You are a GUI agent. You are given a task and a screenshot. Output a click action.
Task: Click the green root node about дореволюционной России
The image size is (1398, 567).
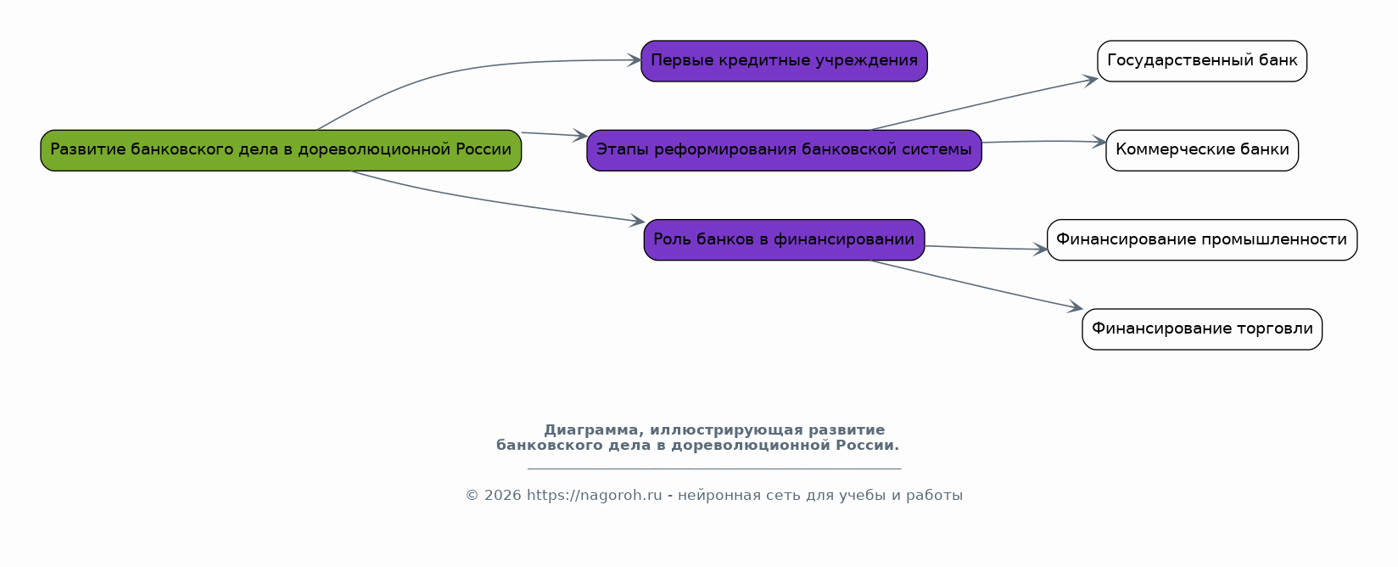coord(281,150)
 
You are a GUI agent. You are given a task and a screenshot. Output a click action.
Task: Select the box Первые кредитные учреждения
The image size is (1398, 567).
coord(784,61)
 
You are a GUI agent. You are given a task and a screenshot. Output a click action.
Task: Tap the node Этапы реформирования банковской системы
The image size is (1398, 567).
coord(784,150)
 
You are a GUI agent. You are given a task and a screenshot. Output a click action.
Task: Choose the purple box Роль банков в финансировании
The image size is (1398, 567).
coord(784,240)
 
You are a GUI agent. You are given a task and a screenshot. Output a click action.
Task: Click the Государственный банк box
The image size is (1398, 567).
coord(1202,61)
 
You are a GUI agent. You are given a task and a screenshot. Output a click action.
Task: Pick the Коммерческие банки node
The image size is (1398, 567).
coord(1202,150)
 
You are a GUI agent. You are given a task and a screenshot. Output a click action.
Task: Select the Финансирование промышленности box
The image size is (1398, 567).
coord(1202,240)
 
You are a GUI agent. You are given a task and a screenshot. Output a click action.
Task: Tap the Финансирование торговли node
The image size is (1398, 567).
coord(1202,329)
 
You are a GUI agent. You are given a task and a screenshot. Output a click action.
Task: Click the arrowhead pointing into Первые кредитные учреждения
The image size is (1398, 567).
coord(635,60)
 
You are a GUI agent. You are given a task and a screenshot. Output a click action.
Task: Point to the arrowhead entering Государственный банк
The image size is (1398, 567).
coord(1091,80)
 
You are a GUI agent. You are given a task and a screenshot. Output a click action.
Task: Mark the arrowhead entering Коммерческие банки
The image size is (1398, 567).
coord(1099,142)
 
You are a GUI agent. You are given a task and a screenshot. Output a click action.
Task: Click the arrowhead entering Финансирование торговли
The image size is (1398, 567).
coord(1076,307)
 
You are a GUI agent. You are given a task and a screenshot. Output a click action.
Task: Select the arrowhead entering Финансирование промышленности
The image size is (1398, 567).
coord(1040,250)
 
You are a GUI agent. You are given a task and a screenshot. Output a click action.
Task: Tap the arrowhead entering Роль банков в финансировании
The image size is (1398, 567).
coord(638,221)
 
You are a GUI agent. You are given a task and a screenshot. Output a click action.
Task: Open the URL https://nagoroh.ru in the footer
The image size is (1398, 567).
coord(594,495)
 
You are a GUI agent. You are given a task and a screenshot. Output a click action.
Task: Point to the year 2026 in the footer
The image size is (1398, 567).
coord(502,495)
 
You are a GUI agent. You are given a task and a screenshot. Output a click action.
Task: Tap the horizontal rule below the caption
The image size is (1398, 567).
coord(714,468)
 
